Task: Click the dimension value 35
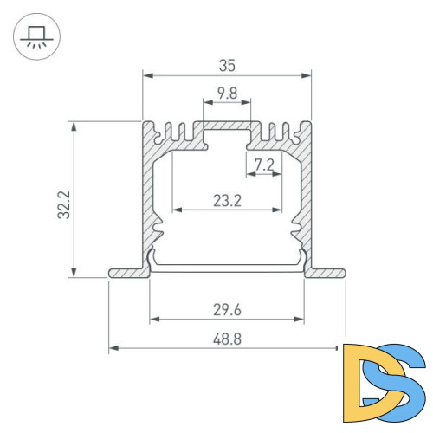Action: point(227,64)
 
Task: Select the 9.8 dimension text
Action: point(227,93)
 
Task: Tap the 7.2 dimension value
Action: point(264,164)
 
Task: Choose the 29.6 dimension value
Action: point(227,308)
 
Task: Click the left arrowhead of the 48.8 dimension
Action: point(113,349)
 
